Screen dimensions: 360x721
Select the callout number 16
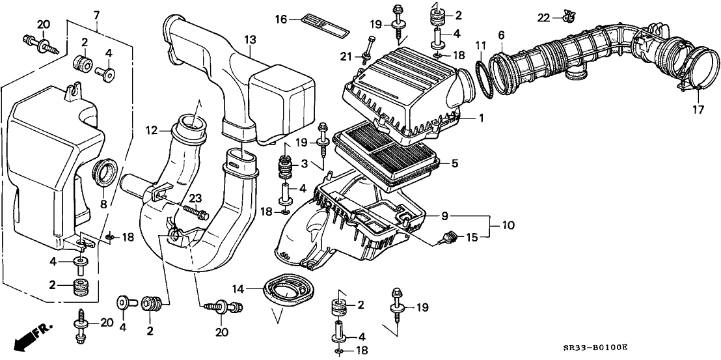(281, 20)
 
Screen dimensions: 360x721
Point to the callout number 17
(698, 109)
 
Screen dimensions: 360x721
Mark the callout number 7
(96, 14)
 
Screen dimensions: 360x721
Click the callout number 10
(508, 225)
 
